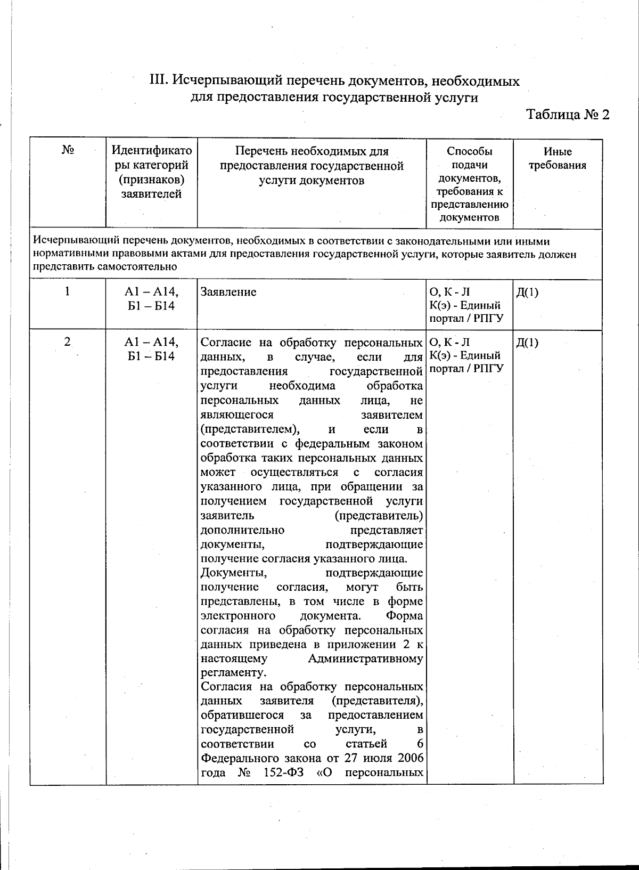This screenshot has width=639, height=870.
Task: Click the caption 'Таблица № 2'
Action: click(567, 115)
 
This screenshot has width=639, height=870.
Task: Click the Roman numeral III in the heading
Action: click(159, 81)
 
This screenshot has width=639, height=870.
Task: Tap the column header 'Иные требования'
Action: click(557, 158)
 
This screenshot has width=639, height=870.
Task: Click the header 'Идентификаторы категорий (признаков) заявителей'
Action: click(151, 173)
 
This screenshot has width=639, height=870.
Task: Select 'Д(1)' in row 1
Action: click(527, 292)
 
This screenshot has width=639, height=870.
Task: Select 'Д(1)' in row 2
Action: click(527, 343)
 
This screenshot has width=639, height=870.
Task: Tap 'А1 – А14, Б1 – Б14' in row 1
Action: click(151, 298)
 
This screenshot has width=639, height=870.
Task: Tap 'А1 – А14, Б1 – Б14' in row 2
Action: click(151, 349)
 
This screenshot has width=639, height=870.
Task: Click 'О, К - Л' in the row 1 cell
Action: click(449, 292)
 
